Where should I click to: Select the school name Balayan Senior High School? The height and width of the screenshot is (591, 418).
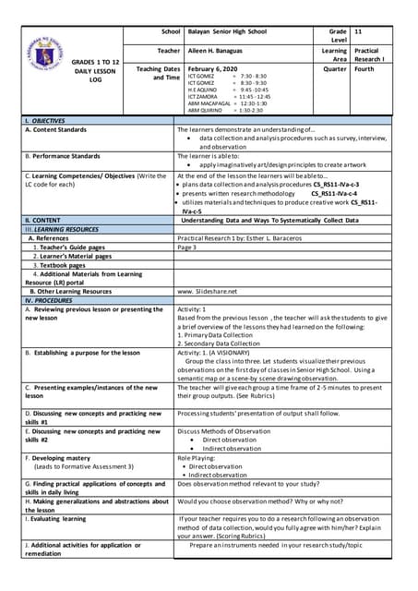227,31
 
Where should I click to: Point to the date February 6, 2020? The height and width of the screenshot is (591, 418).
212,69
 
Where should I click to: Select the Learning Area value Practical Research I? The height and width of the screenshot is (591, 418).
366,55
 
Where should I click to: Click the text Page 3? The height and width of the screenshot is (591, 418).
187,247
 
